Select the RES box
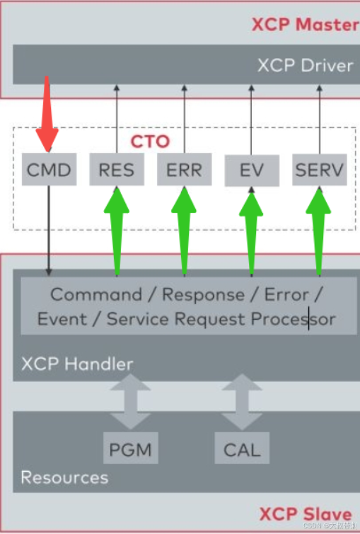(115, 170)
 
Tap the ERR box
(184, 170)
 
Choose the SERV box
(318, 170)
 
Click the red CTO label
(150, 141)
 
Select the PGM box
(130, 449)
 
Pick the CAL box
(242, 449)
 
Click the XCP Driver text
(305, 65)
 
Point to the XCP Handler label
(76, 364)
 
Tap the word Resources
(64, 477)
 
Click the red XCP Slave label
(305, 513)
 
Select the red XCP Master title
(305, 25)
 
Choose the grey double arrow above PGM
(130, 400)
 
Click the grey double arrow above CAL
(242, 400)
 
